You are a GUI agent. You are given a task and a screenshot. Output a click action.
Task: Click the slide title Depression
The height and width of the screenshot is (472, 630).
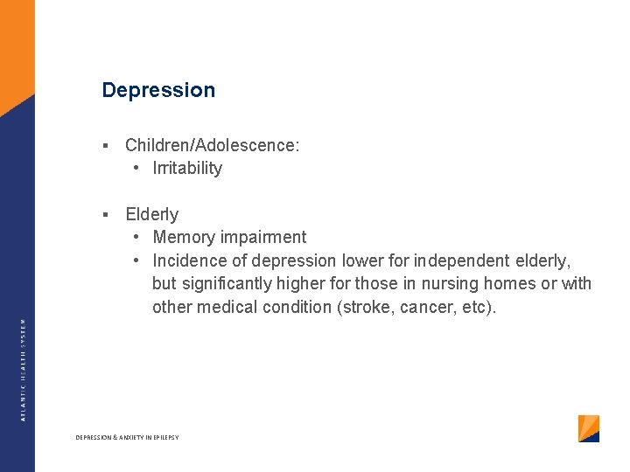pos(158,90)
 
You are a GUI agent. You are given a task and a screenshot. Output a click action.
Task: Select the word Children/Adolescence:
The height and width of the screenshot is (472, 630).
pos(212,145)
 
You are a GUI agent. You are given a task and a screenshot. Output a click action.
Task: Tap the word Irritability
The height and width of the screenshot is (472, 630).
pos(187,168)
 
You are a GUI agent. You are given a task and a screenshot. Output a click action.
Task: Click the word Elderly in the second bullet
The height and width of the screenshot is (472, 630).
pos(151,214)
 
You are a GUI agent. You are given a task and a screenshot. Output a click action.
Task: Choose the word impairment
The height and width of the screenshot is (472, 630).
pos(265,237)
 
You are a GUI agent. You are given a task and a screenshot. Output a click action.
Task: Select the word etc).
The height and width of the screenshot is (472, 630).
pos(478,307)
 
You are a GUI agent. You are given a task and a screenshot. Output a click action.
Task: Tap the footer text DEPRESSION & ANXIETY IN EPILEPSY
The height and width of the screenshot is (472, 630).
pos(127,437)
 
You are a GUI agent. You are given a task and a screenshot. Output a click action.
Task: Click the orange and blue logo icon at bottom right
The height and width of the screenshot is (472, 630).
pos(589,428)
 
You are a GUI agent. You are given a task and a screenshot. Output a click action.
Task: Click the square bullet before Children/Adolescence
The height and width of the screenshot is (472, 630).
pos(104,145)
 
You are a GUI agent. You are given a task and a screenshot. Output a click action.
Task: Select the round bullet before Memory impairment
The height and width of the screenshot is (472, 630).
pos(137,237)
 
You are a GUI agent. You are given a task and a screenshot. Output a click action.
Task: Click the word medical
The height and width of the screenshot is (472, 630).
pos(227,307)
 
